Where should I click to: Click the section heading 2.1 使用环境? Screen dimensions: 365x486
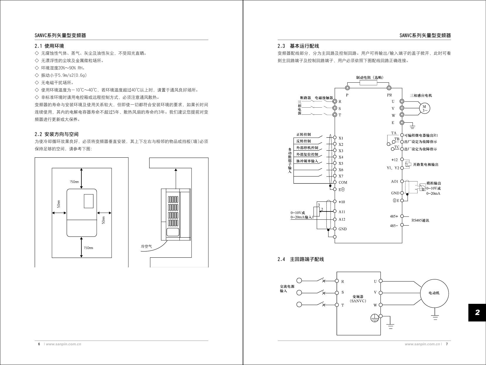tap(49, 46)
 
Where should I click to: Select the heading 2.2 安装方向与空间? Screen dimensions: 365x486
tap(56, 134)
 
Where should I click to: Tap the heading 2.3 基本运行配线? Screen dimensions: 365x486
tap(298, 46)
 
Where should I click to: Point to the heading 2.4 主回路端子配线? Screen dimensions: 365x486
tap(301, 259)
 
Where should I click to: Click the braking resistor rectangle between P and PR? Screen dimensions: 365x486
tap(368, 83)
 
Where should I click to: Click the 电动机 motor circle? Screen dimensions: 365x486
tap(434, 293)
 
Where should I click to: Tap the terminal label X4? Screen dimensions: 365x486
tap(341, 157)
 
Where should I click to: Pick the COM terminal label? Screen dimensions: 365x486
tap(343, 182)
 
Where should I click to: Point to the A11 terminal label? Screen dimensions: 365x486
tap(342, 212)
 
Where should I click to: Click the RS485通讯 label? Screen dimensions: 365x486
tap(420, 220)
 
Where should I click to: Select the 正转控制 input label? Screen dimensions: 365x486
tap(304, 135)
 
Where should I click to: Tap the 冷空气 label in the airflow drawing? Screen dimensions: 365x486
tap(146, 246)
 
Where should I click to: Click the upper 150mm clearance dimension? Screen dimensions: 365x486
tap(74, 182)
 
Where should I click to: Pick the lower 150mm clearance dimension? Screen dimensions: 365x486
tap(88, 248)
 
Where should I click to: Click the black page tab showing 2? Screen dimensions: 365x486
tap(477, 312)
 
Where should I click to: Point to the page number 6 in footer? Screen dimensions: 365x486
tap(39, 344)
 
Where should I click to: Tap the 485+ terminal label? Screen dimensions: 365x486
tap(394, 216)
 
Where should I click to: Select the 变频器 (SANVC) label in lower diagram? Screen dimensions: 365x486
tap(358, 299)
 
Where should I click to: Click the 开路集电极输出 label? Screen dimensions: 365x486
tap(425, 164)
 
